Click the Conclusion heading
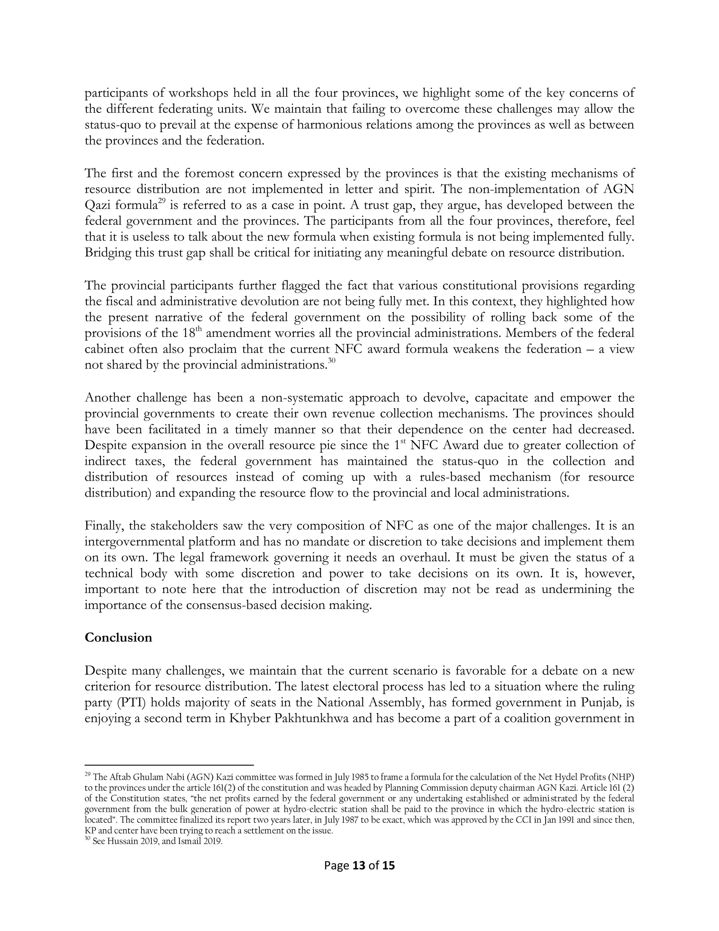[x=118, y=637]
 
